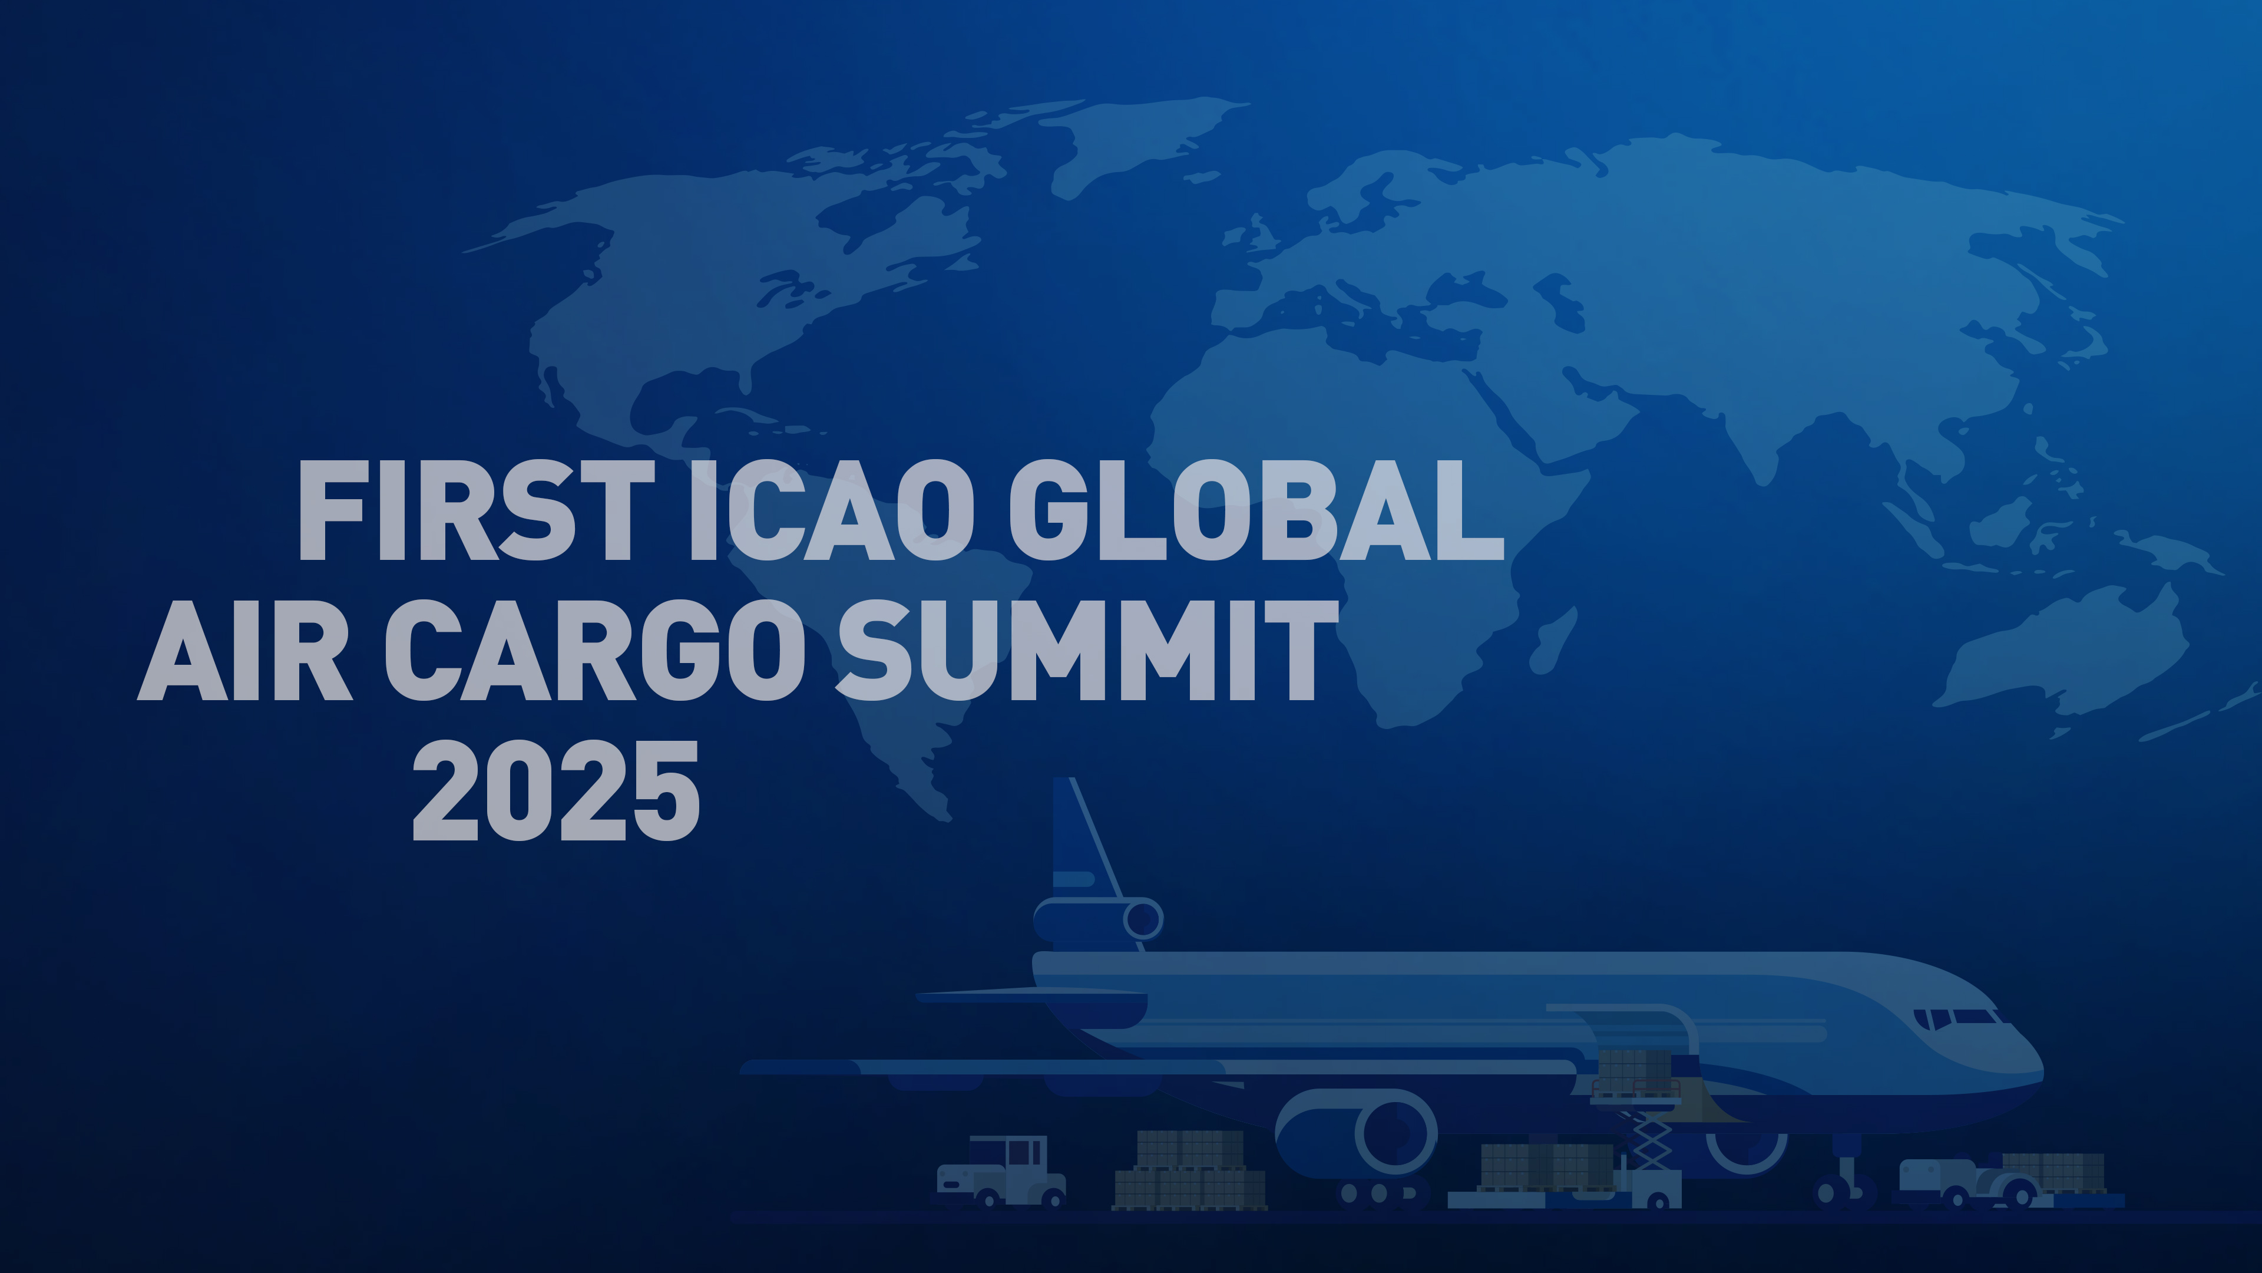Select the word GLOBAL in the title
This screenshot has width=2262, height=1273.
click(x=1256, y=512)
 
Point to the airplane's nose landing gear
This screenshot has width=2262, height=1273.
click(x=1844, y=1182)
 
